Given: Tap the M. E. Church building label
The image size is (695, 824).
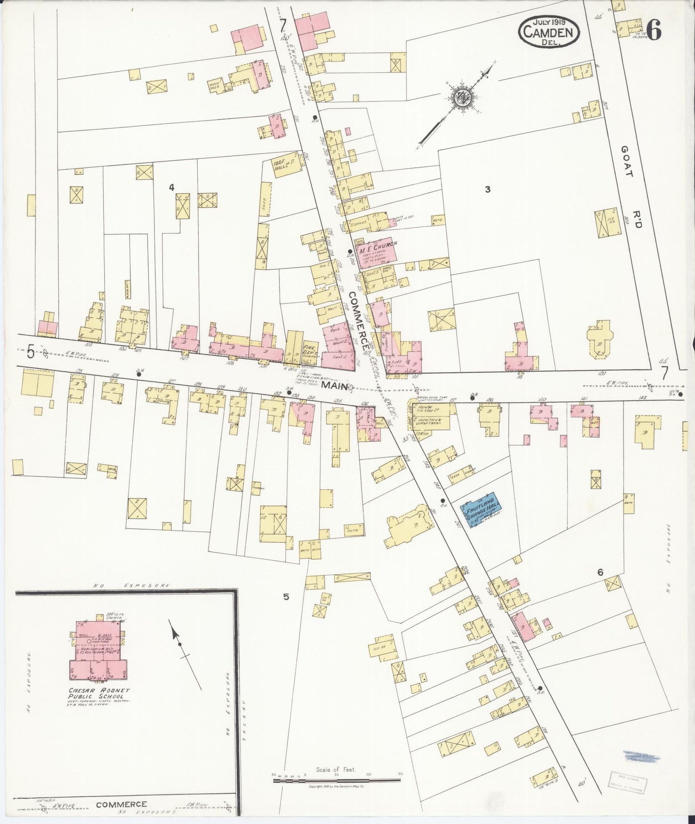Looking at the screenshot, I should (x=377, y=245).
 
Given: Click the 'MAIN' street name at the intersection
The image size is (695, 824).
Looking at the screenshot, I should (x=335, y=386).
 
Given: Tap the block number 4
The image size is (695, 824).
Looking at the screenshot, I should (x=171, y=187).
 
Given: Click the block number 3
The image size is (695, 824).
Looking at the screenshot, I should (x=487, y=189).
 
